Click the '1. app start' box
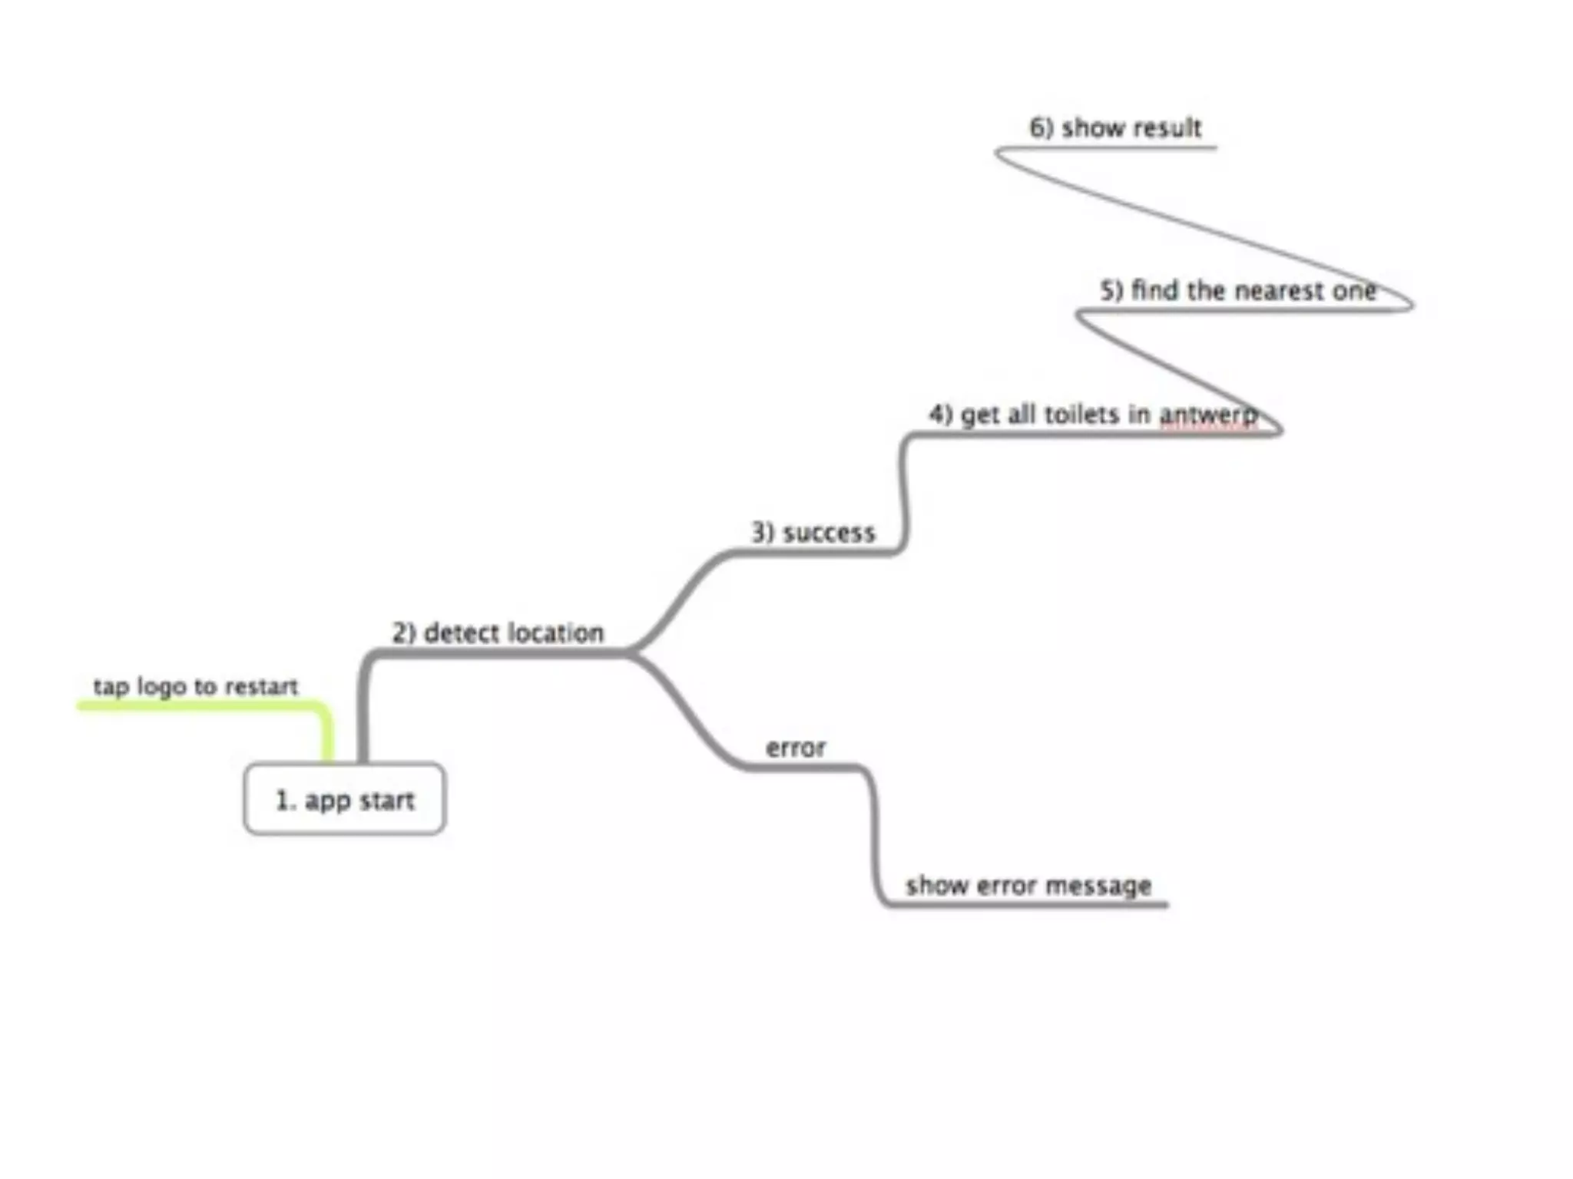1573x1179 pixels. click(344, 799)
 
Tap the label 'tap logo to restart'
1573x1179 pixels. click(195, 686)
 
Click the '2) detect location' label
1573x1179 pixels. click(498, 633)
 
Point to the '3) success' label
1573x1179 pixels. click(813, 533)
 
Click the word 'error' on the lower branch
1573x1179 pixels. click(796, 748)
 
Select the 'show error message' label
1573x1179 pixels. click(1028, 886)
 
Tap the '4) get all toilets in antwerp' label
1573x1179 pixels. click(1093, 414)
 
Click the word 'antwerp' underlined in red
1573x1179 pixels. click(1208, 415)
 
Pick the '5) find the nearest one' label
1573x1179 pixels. click(1237, 291)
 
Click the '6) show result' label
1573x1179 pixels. click(1115, 127)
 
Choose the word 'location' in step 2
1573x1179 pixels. click(556, 633)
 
